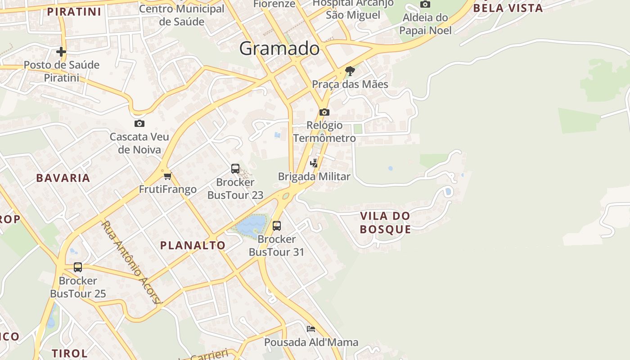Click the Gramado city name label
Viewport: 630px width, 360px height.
coord(279,48)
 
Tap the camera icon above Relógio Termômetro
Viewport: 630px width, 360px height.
coord(324,112)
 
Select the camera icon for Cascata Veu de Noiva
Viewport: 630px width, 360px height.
coord(139,123)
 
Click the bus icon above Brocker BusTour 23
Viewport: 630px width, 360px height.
coord(235,169)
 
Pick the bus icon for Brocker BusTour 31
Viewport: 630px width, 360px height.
coord(277,225)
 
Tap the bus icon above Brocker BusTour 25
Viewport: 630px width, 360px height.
coord(78,267)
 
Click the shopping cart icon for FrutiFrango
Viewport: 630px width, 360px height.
coord(167,176)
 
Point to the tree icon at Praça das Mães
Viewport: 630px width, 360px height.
coord(350,71)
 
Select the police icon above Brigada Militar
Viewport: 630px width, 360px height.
coord(314,163)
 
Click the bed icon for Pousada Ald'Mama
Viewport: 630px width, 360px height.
coord(311,329)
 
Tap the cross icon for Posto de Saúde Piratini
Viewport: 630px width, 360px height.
coord(61,52)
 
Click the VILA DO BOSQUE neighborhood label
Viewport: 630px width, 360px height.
coord(385,222)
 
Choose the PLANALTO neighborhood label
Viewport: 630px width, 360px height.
coord(193,245)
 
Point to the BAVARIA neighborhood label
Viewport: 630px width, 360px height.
coord(63,178)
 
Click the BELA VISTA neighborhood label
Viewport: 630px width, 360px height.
coord(508,8)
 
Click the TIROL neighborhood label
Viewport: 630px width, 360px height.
coord(69,353)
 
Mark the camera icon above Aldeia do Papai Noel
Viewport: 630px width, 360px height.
coord(425,4)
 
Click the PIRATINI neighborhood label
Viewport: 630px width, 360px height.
coord(74,12)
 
